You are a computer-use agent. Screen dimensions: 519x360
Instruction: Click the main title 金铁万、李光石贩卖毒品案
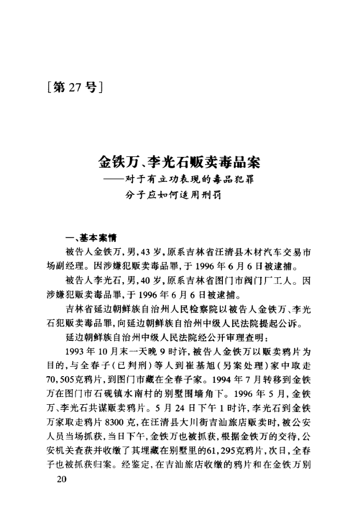[179, 162]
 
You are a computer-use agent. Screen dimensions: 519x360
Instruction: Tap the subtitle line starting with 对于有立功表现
[192, 181]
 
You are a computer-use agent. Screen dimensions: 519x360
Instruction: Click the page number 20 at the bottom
[61, 480]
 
